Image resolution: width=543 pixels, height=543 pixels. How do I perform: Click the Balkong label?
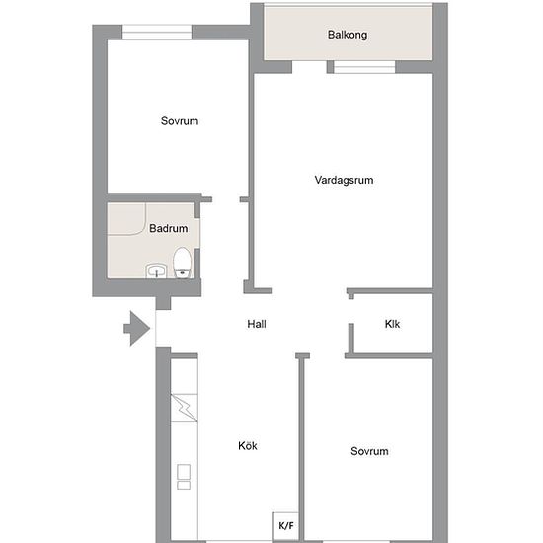pyautogui.click(x=348, y=35)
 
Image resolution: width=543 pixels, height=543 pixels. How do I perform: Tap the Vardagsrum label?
pyautogui.click(x=344, y=180)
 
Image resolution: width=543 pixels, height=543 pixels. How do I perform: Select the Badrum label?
pyautogui.click(x=168, y=228)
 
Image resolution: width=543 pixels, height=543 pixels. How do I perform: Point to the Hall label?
pyautogui.click(x=257, y=324)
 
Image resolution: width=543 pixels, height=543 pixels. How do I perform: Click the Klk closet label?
pyautogui.click(x=392, y=324)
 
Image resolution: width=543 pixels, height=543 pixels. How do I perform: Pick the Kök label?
pyautogui.click(x=248, y=445)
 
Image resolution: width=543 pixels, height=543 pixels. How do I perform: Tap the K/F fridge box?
pyautogui.click(x=286, y=526)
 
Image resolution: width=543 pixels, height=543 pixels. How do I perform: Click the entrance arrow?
pyautogui.click(x=137, y=329)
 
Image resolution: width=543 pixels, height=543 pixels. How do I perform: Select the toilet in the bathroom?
pyautogui.click(x=183, y=263)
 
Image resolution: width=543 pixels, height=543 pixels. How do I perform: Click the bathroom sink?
pyautogui.click(x=157, y=271)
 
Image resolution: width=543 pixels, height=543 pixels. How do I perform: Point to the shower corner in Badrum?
pyautogui.click(x=126, y=219)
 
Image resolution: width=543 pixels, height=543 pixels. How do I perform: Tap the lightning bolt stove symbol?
pyautogui.click(x=184, y=408)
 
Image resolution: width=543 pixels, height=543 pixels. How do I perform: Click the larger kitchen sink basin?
pyautogui.click(x=184, y=472)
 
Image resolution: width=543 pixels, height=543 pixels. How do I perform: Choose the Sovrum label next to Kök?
pyautogui.click(x=369, y=451)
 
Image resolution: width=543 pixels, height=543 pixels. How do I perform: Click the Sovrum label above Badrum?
pyautogui.click(x=180, y=121)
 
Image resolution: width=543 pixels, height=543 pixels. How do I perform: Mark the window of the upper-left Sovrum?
pyautogui.click(x=157, y=33)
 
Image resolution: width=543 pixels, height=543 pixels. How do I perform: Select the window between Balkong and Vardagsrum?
pyautogui.click(x=364, y=67)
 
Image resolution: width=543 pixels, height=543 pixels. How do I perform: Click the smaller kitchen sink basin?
pyautogui.click(x=184, y=485)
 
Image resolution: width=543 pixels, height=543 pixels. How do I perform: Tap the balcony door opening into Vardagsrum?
pyautogui.click(x=309, y=67)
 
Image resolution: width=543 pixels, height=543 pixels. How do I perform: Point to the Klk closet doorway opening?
pyautogui.click(x=350, y=311)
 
